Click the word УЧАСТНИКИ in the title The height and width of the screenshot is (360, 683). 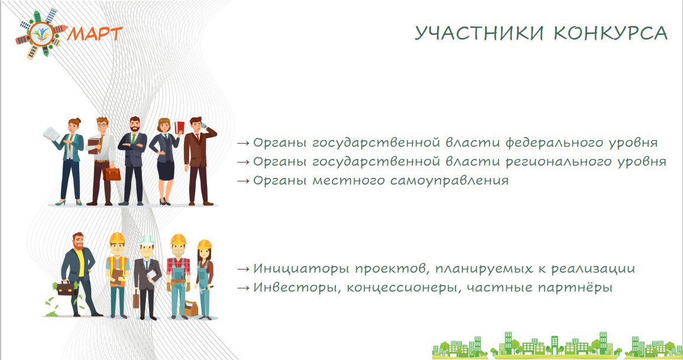tap(479, 34)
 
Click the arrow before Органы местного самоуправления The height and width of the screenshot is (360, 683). tap(244, 181)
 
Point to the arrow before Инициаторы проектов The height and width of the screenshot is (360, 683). tap(244, 269)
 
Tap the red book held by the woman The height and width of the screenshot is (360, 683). tap(179, 128)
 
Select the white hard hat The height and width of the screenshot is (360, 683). tap(147, 240)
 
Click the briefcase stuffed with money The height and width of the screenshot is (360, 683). tap(66, 288)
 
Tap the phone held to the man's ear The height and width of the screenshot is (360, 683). tap(203, 125)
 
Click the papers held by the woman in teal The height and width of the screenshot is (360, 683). tap(51, 133)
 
